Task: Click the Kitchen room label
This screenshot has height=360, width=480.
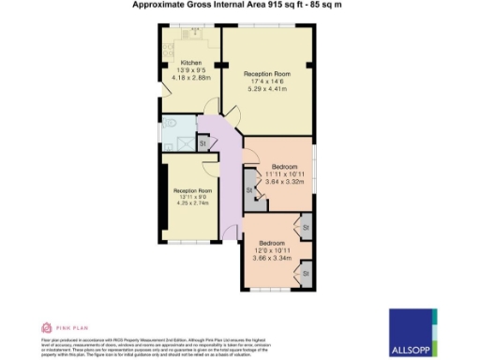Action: click(178, 63)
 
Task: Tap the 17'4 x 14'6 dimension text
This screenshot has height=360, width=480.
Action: click(266, 82)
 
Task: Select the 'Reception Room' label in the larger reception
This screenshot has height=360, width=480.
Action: click(266, 73)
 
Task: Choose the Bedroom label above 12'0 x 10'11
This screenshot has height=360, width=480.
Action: click(271, 241)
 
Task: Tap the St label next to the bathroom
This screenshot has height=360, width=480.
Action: click(202, 143)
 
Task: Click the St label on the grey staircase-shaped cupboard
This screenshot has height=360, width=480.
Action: click(250, 191)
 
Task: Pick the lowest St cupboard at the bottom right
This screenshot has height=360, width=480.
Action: click(306, 273)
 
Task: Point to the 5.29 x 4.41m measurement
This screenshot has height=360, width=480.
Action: click(266, 91)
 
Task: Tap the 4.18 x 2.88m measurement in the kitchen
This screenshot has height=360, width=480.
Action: click(178, 80)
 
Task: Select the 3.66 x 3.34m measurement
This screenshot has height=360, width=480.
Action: click(271, 258)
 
